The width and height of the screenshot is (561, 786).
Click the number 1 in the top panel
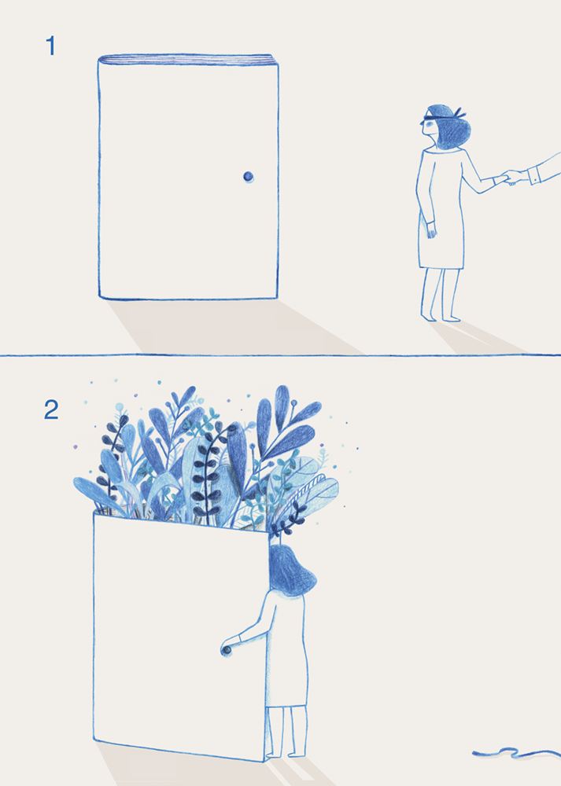pos(50,46)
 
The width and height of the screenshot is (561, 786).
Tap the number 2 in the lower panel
pos(51,410)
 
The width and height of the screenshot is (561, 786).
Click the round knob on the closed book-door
pos(249,176)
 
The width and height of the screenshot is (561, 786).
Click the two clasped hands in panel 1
pos(511,177)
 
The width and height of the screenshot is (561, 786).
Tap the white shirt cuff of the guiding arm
pos(533,176)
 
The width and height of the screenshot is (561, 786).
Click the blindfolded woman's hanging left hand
pos(431,230)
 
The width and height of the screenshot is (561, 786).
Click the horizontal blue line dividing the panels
pos(280,355)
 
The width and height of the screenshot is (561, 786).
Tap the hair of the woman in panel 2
pos(291,571)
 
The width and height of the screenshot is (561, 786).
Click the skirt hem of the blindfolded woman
pos(441,268)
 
